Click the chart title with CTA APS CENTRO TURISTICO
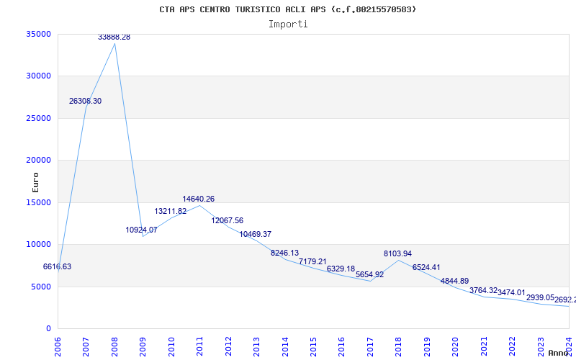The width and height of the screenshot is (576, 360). point(287,9)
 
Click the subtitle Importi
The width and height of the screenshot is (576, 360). point(288,24)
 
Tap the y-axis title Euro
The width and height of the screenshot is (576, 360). point(35,181)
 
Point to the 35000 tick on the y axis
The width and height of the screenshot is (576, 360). point(38,34)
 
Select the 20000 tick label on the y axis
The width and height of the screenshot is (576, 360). point(38,160)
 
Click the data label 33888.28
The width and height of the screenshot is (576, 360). point(114,37)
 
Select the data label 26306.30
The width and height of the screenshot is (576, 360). point(85,102)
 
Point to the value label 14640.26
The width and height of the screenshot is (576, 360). point(199,199)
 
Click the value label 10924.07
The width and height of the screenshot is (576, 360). point(141,230)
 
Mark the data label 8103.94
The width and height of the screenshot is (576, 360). point(397,253)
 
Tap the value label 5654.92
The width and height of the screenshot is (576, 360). point(369,274)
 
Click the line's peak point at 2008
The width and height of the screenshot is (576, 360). point(114,43)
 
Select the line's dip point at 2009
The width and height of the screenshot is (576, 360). point(143,236)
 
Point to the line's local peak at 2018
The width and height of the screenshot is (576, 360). point(398,260)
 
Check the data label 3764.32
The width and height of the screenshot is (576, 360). point(484,290)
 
